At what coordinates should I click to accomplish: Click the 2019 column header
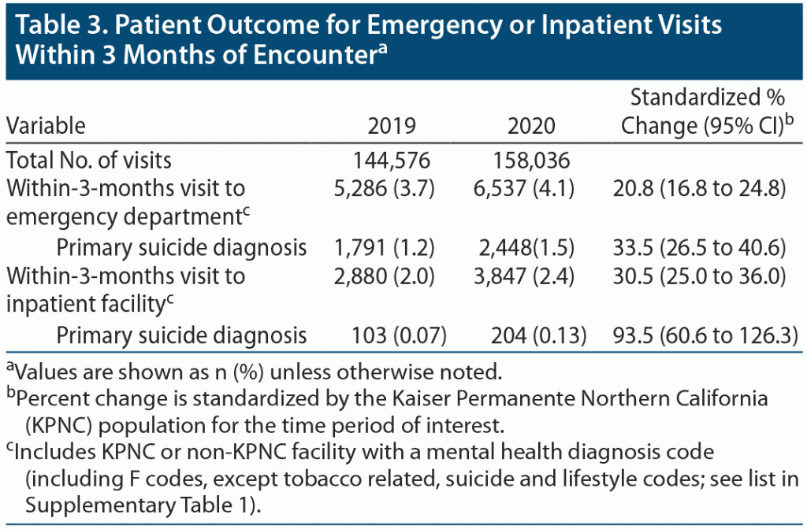pyautogui.click(x=391, y=126)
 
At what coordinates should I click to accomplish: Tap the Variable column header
pyautogui.click(x=46, y=126)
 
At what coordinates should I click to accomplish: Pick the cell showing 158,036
pyautogui.click(x=530, y=161)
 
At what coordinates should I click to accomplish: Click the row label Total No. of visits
pyautogui.click(x=89, y=161)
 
